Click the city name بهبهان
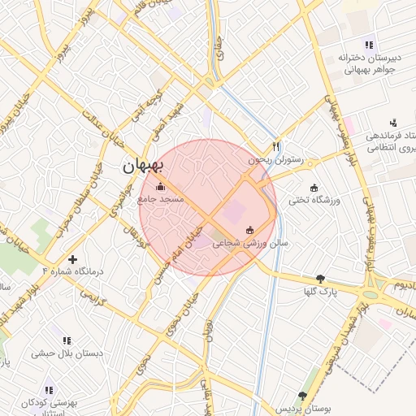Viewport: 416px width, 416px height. point(143,167)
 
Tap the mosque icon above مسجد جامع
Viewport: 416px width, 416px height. point(158,186)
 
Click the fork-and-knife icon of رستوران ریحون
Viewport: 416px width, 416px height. point(275,147)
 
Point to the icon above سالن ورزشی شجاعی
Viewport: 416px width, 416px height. point(249,229)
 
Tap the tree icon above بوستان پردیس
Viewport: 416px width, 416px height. point(303,396)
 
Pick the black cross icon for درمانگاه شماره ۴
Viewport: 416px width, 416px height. point(74,259)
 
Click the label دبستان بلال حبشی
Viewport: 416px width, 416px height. point(64,353)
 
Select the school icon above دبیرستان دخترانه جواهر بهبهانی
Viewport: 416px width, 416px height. point(369,45)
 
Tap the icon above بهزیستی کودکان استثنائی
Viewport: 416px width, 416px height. point(50,389)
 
